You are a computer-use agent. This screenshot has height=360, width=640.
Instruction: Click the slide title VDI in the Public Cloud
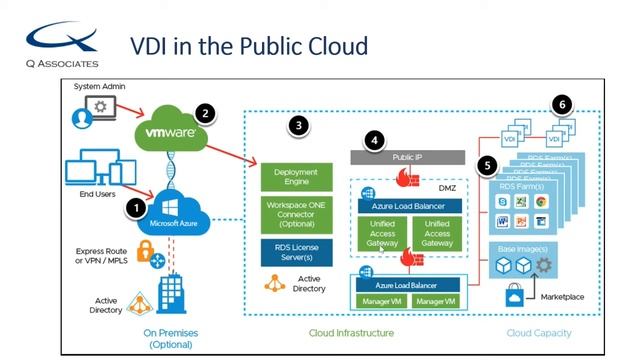(250, 46)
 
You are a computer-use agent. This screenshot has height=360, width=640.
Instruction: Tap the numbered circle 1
(134, 208)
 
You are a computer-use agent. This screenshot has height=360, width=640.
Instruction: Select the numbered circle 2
(206, 113)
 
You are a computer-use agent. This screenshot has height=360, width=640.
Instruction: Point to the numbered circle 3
(297, 126)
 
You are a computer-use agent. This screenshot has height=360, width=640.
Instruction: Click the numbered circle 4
(374, 140)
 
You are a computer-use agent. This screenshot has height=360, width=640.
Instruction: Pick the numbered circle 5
(487, 165)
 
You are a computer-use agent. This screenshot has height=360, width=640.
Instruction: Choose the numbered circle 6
(563, 104)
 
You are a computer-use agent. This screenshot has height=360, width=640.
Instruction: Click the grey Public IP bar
(407, 157)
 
